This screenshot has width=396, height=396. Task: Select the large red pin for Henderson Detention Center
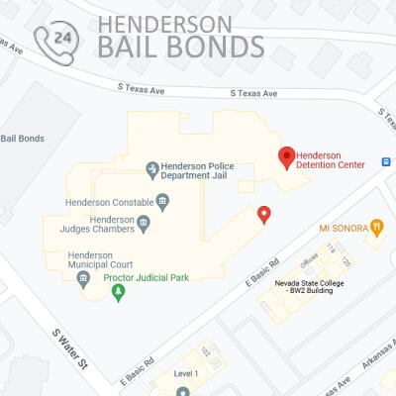tap(286, 155)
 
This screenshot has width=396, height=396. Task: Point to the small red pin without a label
tap(263, 214)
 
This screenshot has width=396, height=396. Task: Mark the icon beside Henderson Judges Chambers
tap(143, 223)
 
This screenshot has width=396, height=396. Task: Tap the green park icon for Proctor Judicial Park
tap(120, 293)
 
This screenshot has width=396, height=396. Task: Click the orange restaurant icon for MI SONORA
tap(375, 227)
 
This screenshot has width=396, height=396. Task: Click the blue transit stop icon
tap(386, 161)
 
